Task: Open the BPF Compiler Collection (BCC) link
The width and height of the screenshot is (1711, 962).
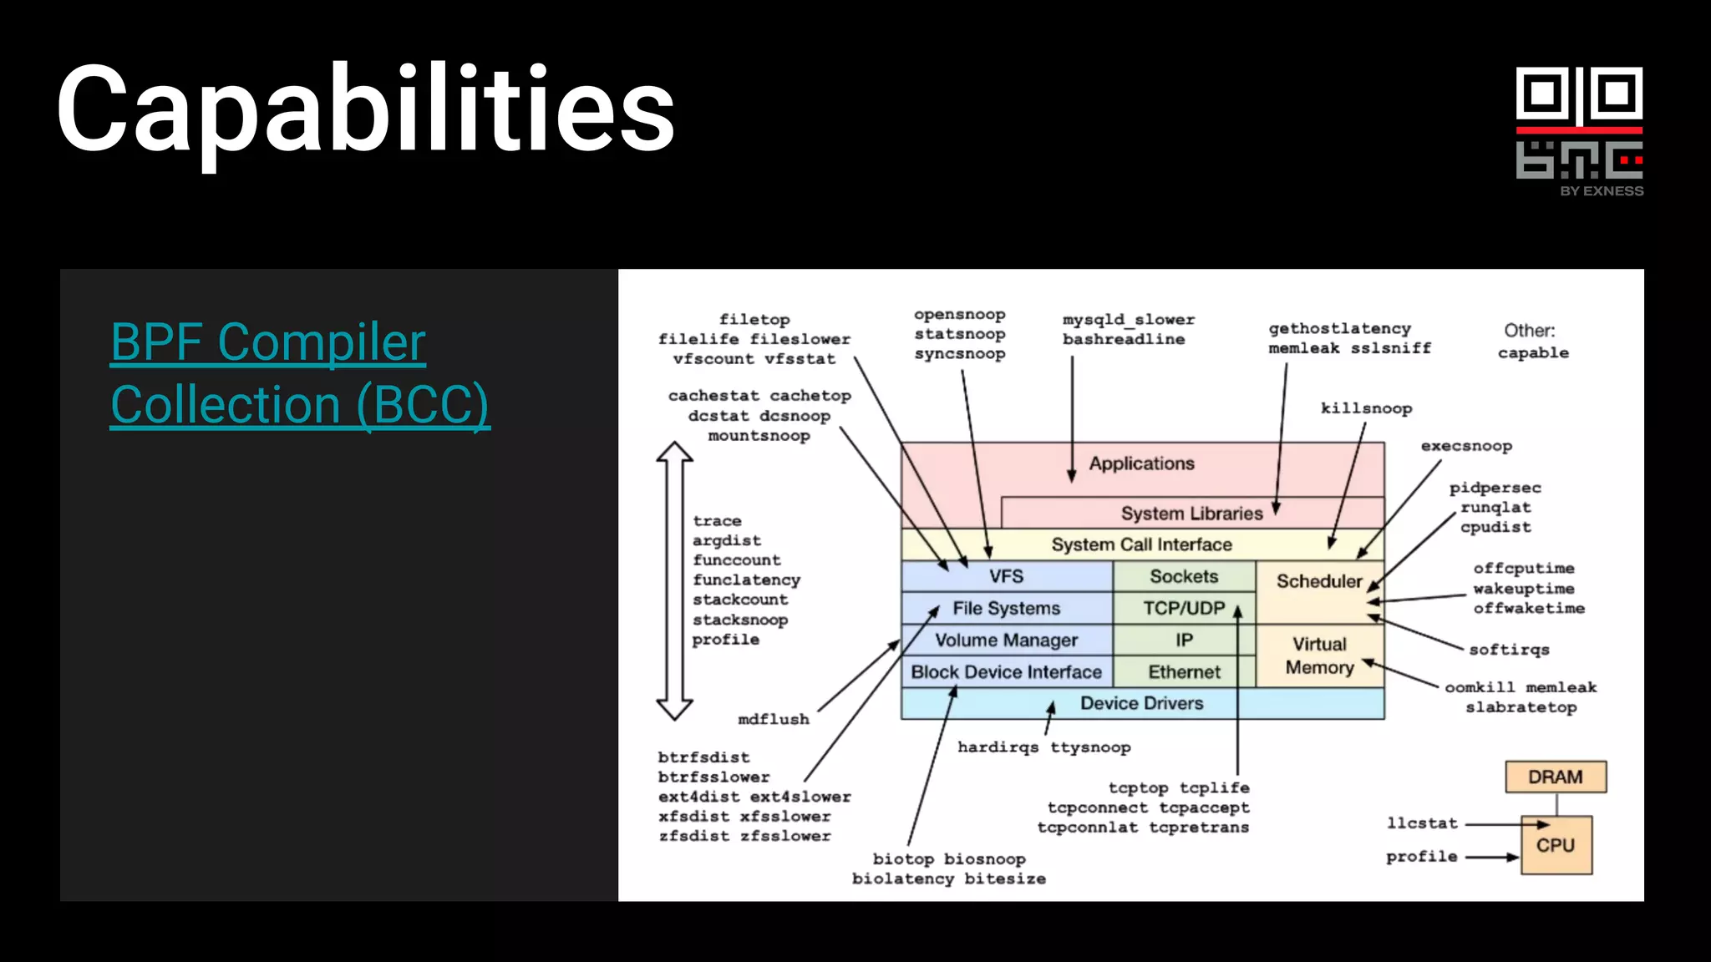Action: coord(300,373)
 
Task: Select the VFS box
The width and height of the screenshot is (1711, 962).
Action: coord(1006,576)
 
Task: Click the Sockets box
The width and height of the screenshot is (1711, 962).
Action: coord(1184,576)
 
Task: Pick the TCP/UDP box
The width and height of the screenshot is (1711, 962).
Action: coord(1184,608)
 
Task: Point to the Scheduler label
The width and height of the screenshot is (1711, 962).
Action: coord(1319,581)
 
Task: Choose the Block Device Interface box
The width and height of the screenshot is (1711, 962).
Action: coord(1006,672)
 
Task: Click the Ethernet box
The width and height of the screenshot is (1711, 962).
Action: coord(1184,672)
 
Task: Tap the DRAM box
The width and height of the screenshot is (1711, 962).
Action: coord(1555,777)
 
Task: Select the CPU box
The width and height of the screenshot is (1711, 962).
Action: coord(1556,845)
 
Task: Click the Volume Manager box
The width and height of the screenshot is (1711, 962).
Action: coord(1006,640)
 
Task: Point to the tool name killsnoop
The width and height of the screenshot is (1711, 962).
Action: coord(1366,408)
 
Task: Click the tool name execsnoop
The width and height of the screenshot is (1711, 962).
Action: coord(1466,446)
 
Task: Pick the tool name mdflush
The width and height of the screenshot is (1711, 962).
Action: coord(774,719)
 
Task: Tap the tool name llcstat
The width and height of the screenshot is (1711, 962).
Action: coord(1422,823)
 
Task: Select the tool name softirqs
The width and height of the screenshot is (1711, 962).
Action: coord(1509,650)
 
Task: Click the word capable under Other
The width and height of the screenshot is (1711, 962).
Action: coord(1533,353)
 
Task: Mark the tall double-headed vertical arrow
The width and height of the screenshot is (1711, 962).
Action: coord(674,580)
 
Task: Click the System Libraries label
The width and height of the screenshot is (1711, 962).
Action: coord(1191,514)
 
